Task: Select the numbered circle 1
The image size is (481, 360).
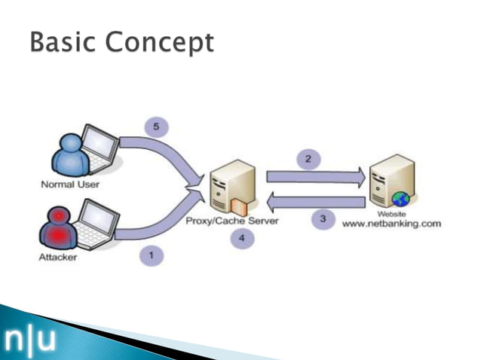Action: (151, 256)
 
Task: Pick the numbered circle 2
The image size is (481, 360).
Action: (308, 158)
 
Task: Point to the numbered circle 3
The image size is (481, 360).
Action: (323, 219)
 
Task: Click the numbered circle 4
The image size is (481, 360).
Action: (242, 240)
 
